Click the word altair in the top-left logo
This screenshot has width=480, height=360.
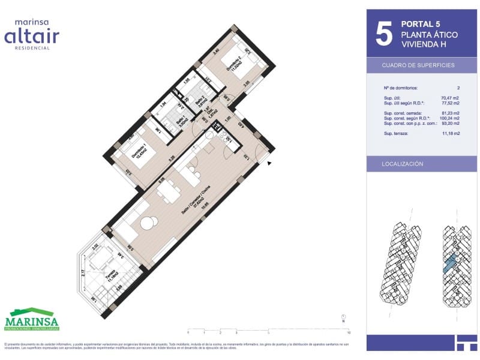(32, 37)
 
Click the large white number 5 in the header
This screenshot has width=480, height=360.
(383, 34)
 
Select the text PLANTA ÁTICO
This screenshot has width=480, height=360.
(429, 35)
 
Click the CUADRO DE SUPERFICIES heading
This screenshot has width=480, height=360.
(418, 65)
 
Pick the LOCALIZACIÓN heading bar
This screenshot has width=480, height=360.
(403, 164)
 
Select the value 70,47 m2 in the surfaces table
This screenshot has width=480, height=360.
(449, 97)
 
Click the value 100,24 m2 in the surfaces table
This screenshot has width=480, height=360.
(448, 118)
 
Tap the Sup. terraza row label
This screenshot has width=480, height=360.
(397, 133)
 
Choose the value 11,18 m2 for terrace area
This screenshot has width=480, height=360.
(449, 133)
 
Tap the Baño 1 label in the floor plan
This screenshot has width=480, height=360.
(180, 121)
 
